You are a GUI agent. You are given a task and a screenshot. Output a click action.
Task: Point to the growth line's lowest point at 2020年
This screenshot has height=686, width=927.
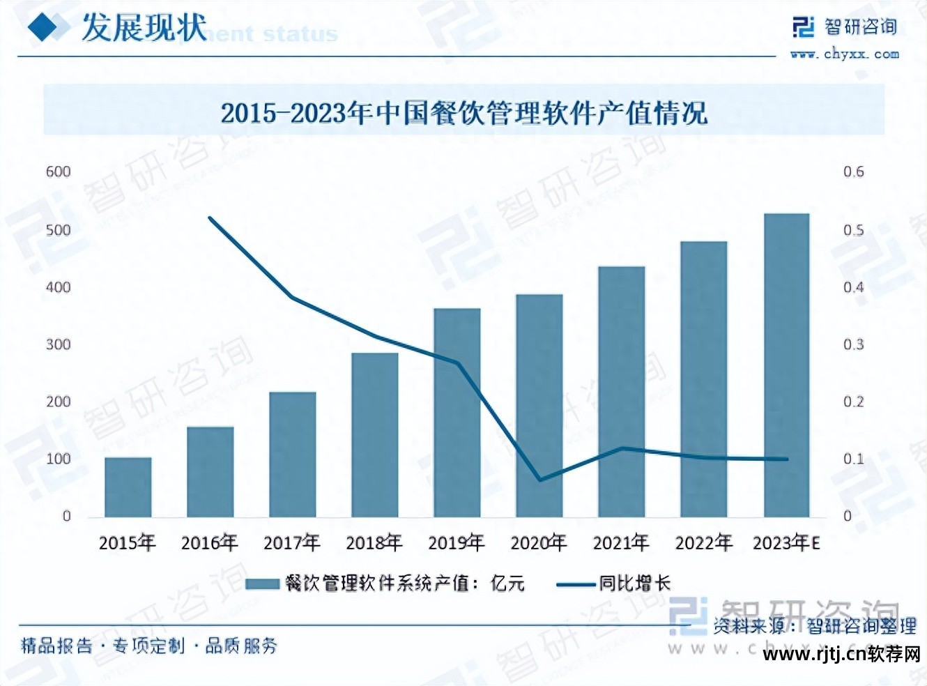[x=539, y=480]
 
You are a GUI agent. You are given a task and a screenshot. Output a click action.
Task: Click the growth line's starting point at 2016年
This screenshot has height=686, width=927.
[x=210, y=218]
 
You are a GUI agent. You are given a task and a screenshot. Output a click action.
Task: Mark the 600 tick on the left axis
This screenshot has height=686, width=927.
[x=59, y=172]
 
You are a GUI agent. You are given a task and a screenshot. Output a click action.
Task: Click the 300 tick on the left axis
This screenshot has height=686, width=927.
[x=59, y=344]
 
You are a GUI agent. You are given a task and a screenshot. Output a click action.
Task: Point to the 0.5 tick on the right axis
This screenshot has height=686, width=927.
[x=853, y=230]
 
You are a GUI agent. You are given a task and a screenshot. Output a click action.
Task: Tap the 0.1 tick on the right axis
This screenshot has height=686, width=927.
[x=853, y=459]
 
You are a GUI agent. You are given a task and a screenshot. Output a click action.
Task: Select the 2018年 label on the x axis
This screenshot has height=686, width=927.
[x=374, y=542]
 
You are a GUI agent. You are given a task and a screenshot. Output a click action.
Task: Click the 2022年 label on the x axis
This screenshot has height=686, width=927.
[x=703, y=542]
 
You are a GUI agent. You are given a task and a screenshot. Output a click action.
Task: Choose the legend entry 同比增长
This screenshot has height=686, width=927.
[x=634, y=584]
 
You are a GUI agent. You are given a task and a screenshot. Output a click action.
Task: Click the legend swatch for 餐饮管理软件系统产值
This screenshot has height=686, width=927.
[x=262, y=584]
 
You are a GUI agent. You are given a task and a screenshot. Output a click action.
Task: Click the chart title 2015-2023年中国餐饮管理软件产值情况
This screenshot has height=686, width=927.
[x=464, y=112]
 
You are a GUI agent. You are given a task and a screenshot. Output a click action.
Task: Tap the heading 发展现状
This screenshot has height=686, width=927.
[x=144, y=28]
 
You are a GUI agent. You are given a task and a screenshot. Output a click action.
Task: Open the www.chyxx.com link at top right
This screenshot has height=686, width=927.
[x=844, y=54]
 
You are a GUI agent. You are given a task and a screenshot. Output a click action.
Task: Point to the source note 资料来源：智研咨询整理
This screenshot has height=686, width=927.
[x=814, y=625]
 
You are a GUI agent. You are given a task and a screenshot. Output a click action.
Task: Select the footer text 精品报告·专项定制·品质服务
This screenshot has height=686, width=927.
[x=149, y=646]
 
